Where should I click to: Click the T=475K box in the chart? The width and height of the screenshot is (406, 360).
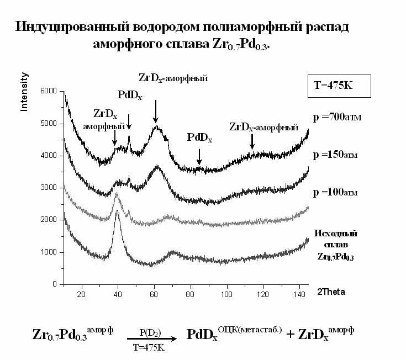pyautogui.click(x=342, y=86)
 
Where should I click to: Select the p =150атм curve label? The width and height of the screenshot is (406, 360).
pyautogui.click(x=336, y=155)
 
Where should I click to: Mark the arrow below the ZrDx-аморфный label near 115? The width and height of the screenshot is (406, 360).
pyautogui.click(x=252, y=141)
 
